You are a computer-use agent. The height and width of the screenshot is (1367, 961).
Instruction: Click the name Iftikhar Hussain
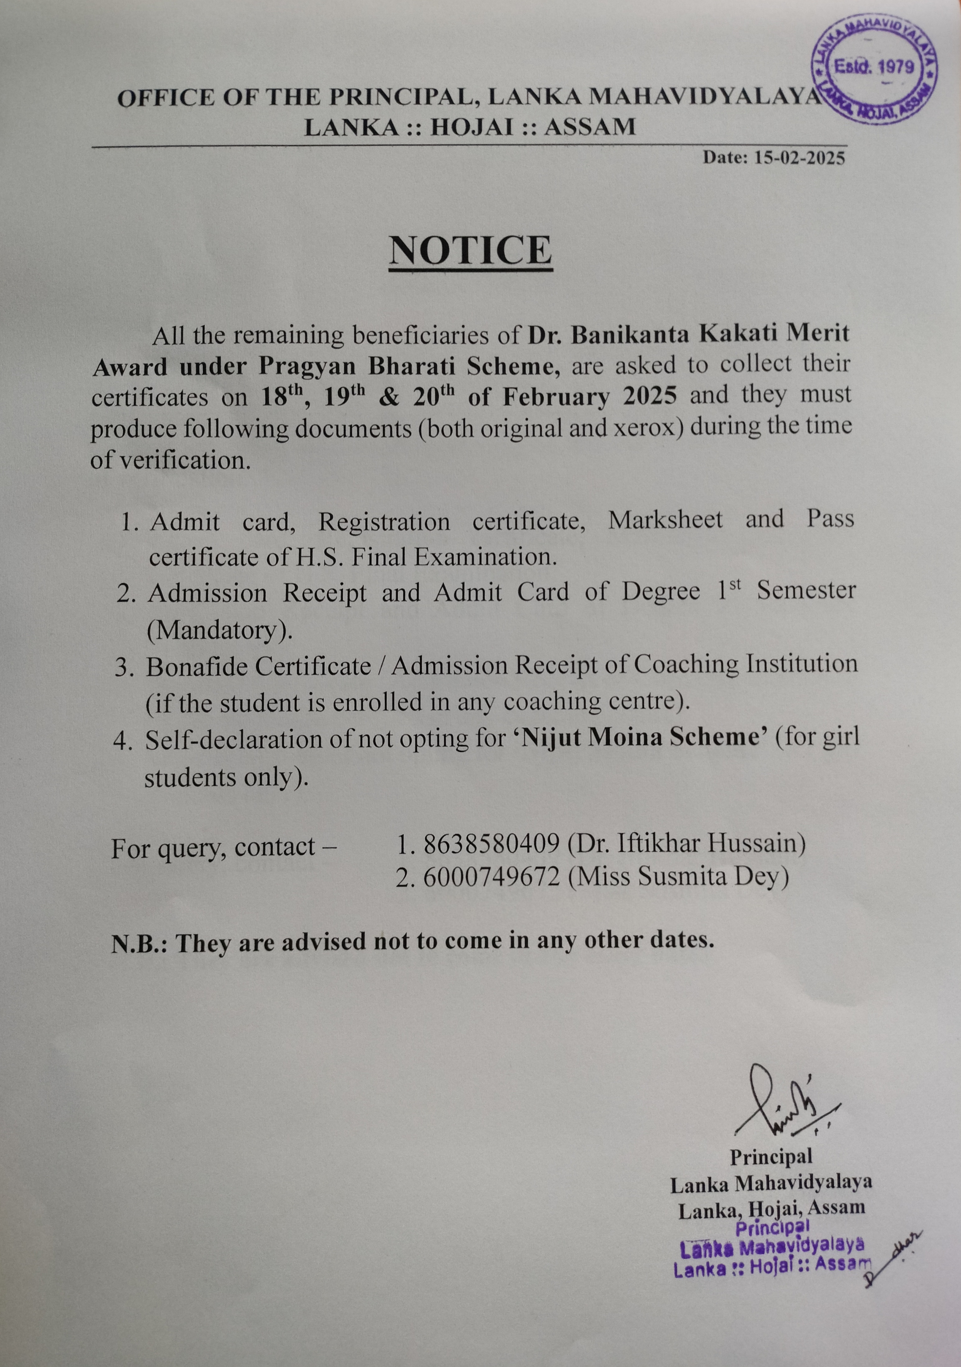[697, 844]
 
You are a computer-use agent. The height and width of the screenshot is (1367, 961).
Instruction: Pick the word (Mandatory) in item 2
[220, 630]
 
